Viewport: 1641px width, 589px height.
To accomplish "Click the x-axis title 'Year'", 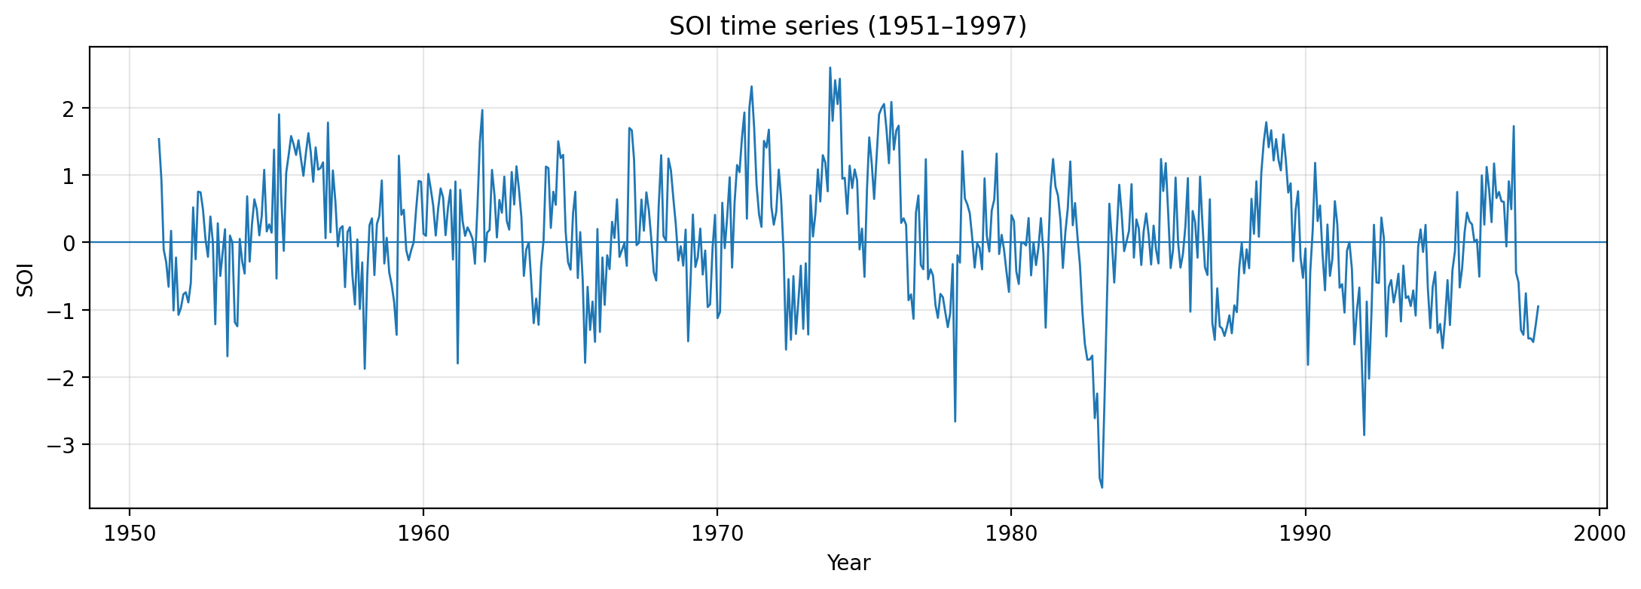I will (x=848, y=563).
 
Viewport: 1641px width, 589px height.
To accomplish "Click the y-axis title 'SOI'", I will (x=26, y=279).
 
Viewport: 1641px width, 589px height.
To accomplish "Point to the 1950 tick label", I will (x=129, y=534).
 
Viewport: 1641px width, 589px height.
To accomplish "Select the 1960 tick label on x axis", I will (x=423, y=534).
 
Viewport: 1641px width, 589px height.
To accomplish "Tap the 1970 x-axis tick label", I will (x=717, y=534).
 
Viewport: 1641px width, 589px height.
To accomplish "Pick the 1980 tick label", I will (x=1010, y=534).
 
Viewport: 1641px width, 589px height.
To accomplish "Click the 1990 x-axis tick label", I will (x=1304, y=534).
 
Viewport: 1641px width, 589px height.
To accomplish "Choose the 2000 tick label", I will (x=1598, y=534).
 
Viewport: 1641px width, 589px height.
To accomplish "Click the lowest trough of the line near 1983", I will (x=1102, y=487).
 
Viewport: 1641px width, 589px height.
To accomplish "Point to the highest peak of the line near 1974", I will (x=830, y=68).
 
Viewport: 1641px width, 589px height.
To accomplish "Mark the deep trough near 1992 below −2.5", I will (x=1364, y=434).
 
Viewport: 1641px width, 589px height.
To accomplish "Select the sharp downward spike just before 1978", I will (x=955, y=421).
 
